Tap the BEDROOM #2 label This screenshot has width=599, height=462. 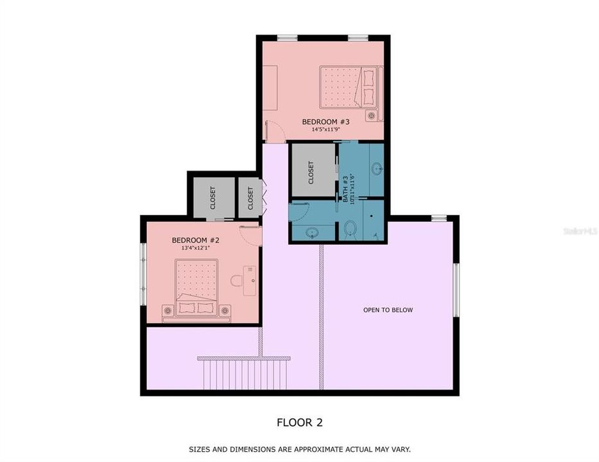click(x=196, y=240)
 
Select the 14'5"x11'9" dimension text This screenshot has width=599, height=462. click(x=326, y=129)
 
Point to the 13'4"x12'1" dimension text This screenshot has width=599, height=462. click(x=196, y=248)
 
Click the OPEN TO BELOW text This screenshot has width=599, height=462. click(x=388, y=310)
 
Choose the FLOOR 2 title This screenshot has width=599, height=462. click(x=299, y=422)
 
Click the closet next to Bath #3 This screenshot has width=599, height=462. click(x=312, y=171)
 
